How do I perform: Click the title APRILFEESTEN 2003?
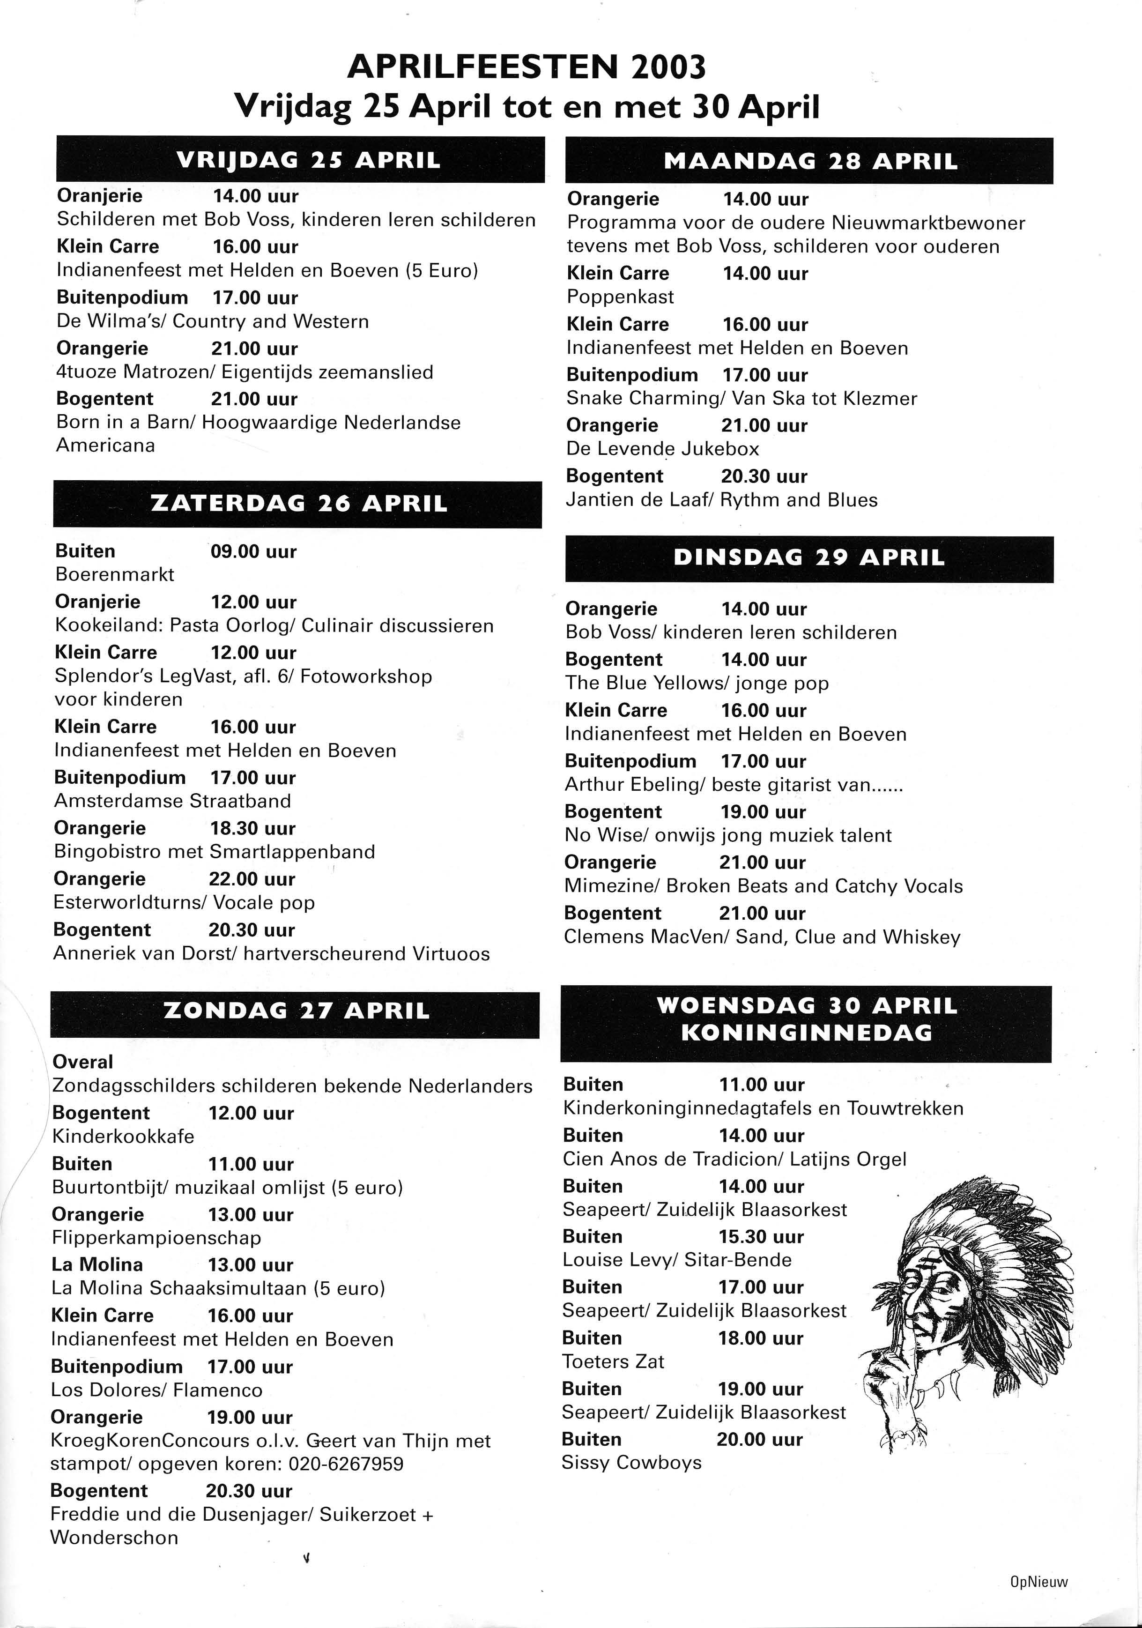pos(526,67)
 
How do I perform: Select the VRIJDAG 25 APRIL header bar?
pos(301,160)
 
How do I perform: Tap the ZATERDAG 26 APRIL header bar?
pos(298,504)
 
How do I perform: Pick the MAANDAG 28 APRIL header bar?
pos(809,161)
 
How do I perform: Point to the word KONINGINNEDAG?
pos(806,1033)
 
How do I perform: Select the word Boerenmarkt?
pos(115,574)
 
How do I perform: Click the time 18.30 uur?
pos(252,828)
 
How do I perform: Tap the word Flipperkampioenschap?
pos(156,1238)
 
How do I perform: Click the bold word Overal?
pos(83,1062)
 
